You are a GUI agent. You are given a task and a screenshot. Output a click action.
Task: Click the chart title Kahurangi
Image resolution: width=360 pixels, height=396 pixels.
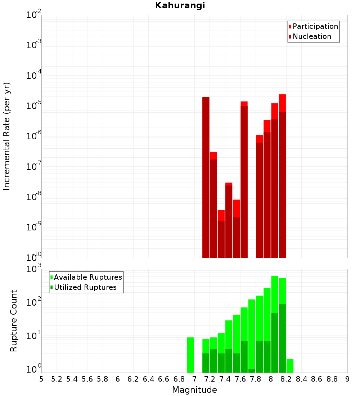pos(180,5)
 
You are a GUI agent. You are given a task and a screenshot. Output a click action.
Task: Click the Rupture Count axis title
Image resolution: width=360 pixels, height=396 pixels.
pos(14,320)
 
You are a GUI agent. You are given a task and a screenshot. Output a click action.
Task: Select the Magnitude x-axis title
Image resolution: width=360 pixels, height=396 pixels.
pos(194,390)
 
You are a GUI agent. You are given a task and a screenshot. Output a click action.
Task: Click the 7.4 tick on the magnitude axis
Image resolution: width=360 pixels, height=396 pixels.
pos(225,379)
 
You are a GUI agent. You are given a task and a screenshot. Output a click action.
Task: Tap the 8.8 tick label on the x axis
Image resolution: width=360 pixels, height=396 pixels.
pos(332,379)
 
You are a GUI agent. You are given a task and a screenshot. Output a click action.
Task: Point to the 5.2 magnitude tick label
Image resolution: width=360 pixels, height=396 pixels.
pos(57,379)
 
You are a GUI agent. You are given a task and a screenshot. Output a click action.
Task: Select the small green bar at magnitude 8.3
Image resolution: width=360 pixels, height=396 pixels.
pos(290,365)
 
